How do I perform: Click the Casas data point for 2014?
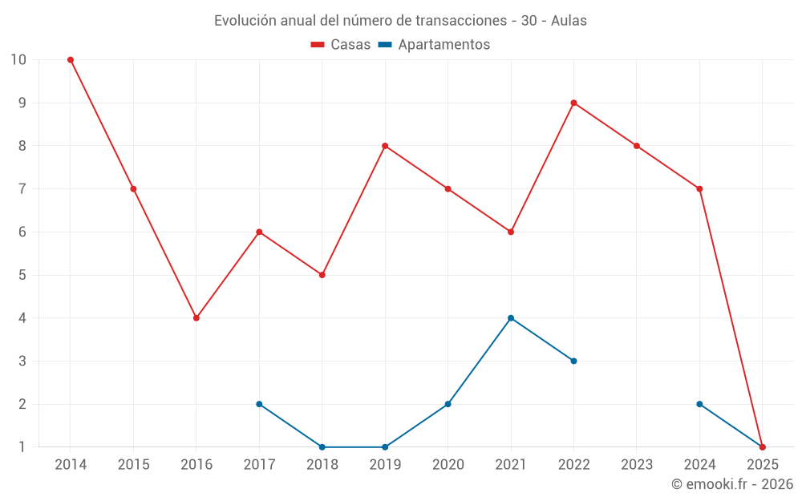click(71, 59)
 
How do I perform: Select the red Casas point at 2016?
click(196, 318)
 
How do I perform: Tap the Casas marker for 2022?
click(573, 103)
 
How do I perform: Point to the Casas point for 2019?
click(385, 146)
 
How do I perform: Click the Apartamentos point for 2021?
click(511, 318)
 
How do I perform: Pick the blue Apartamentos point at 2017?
click(259, 404)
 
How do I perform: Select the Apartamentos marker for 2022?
click(573, 361)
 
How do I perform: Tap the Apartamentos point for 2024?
click(699, 404)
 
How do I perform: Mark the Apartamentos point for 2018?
click(322, 447)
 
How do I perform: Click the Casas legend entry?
click(341, 45)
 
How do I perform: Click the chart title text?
click(400, 21)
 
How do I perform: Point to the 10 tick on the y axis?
click(18, 59)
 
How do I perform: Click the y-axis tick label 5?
click(22, 275)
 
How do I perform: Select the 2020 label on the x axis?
click(448, 465)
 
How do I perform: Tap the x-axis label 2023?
click(637, 465)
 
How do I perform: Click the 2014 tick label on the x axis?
click(71, 465)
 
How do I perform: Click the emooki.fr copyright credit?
click(731, 484)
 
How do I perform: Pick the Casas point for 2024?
click(699, 189)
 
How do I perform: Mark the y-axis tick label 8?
click(22, 146)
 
